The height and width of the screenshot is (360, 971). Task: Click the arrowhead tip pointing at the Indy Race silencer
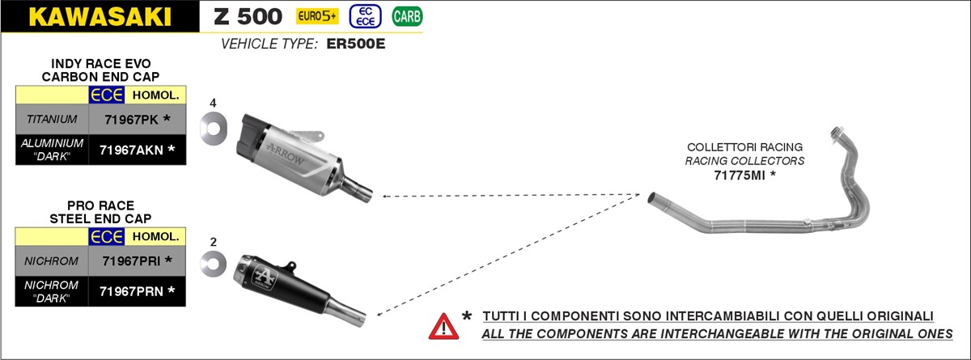point(383,197)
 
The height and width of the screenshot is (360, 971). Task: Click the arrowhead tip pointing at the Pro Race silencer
point(377,315)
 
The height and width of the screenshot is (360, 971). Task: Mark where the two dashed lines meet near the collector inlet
point(640,194)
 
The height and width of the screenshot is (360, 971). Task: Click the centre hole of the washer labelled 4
point(214,129)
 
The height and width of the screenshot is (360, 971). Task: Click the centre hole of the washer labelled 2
point(214,264)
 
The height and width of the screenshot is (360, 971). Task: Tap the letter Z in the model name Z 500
point(222,16)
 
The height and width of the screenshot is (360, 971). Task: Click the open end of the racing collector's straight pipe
point(651,198)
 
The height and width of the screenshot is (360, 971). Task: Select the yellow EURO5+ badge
point(317,16)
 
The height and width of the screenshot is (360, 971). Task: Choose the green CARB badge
point(407,16)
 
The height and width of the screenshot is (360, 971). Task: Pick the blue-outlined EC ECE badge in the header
point(366,16)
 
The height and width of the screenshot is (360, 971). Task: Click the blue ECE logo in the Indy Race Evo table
point(107,95)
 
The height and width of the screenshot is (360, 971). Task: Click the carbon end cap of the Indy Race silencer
point(251,133)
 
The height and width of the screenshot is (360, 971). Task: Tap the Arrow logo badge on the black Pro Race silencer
point(264,277)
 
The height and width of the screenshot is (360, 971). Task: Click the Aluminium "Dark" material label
point(52,150)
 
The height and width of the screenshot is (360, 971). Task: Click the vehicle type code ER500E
point(356,44)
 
